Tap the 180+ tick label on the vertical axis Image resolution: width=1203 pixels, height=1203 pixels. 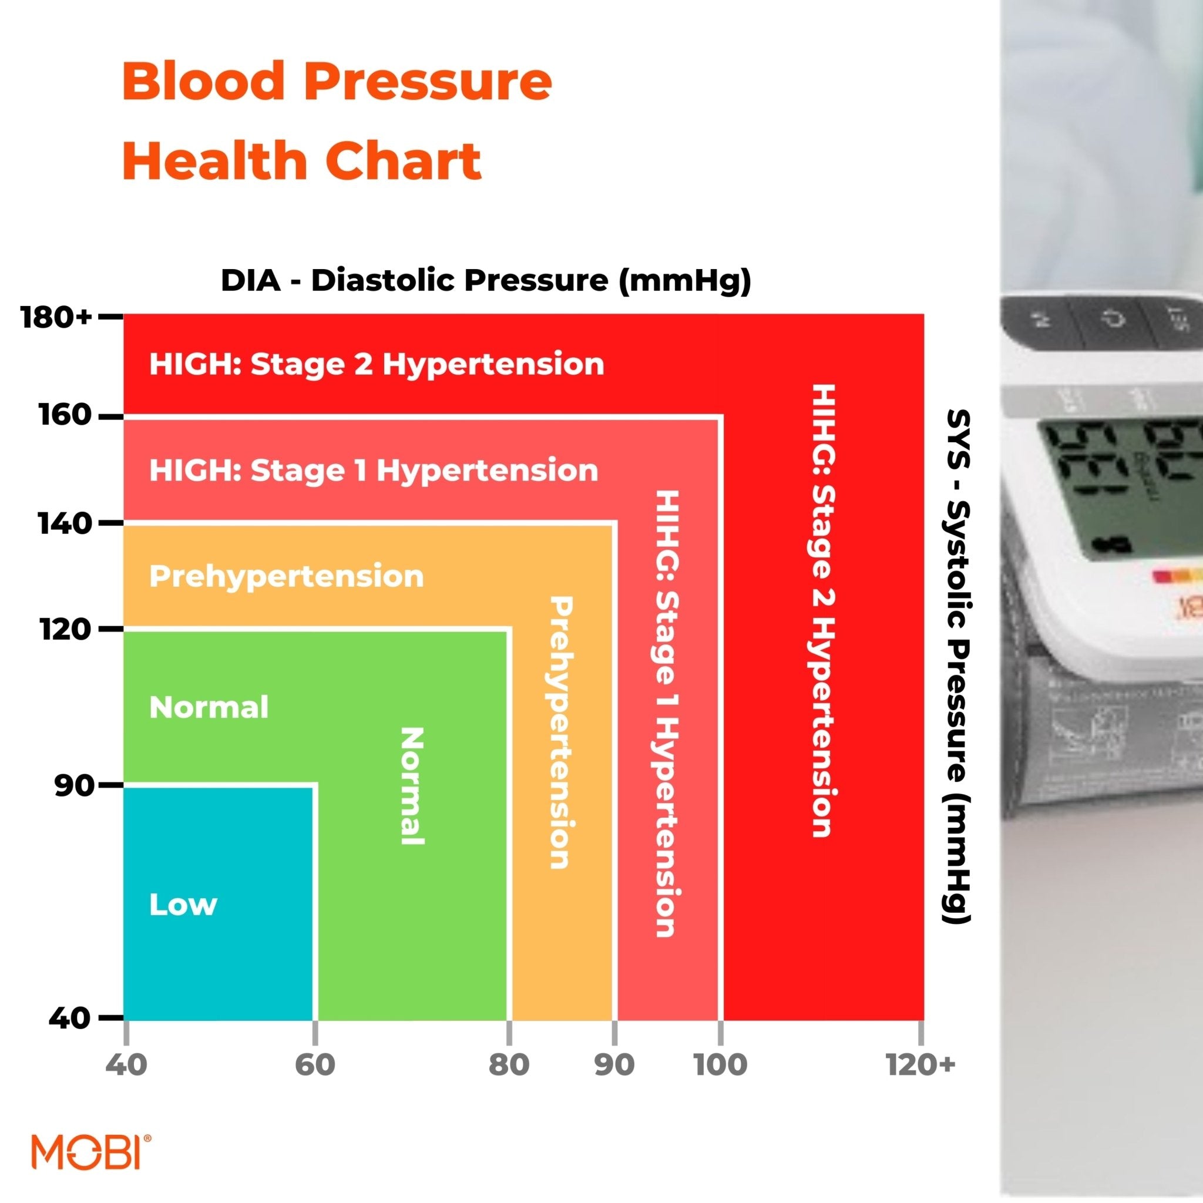point(56,318)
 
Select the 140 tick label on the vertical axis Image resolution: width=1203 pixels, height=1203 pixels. point(65,523)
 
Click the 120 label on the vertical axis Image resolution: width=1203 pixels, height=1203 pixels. point(65,630)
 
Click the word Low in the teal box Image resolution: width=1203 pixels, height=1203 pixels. point(183,905)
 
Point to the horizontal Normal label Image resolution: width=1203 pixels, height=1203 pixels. point(209,707)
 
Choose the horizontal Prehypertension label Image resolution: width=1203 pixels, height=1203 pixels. point(287,577)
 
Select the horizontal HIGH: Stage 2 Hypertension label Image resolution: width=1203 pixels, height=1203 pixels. point(376,364)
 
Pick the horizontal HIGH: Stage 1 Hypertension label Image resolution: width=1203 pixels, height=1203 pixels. point(374,470)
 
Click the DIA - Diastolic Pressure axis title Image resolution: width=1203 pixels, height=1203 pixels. point(486,281)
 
